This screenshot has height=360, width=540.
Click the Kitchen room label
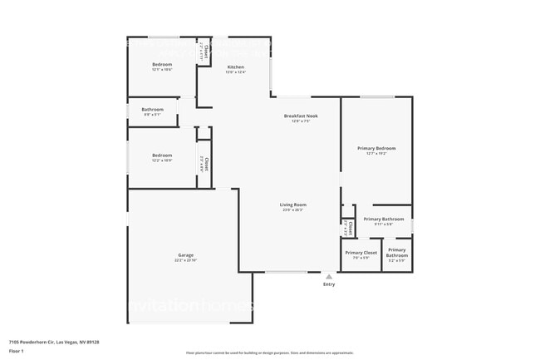(x=235, y=66)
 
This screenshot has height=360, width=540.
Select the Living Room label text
(x=292, y=205)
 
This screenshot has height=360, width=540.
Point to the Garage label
(x=185, y=255)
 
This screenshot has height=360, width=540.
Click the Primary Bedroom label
(x=376, y=148)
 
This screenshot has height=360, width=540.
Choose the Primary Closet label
(x=361, y=252)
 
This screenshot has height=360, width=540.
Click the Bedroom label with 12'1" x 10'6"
(x=161, y=64)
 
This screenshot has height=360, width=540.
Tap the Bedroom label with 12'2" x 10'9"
(x=161, y=155)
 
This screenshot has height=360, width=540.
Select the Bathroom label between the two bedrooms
(x=152, y=109)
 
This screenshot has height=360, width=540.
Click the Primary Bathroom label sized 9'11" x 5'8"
(x=383, y=219)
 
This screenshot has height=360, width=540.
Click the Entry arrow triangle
(x=329, y=277)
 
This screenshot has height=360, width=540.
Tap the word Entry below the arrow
(x=329, y=285)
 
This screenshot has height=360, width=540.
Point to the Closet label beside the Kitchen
(x=204, y=49)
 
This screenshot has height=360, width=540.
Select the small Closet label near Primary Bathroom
(x=350, y=226)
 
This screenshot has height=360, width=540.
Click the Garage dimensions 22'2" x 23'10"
(x=185, y=261)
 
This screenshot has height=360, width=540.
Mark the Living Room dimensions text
(x=292, y=210)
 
